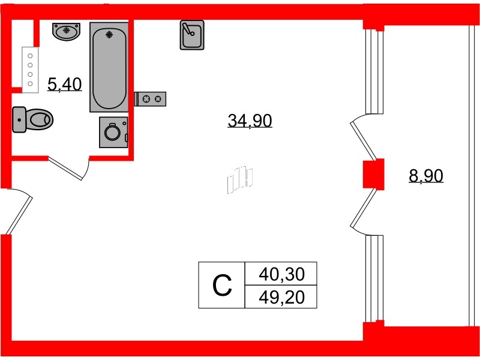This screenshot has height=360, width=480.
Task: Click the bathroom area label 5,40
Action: (64, 85)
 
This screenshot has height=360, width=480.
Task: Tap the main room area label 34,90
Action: (250, 121)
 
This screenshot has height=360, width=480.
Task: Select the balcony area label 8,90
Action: (425, 176)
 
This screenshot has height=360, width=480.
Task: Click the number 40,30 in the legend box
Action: (281, 275)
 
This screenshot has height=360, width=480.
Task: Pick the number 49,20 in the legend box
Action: (281, 296)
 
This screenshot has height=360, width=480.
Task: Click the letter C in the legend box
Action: (222, 286)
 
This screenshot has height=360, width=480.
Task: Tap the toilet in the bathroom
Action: (32, 119)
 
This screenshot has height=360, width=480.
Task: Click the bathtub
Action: (109, 67)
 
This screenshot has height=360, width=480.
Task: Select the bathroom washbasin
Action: (66, 31)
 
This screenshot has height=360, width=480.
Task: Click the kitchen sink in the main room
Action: (192, 35)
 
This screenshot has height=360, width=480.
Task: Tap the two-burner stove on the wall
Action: (151, 99)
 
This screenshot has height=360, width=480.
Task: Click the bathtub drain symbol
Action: (109, 34)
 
